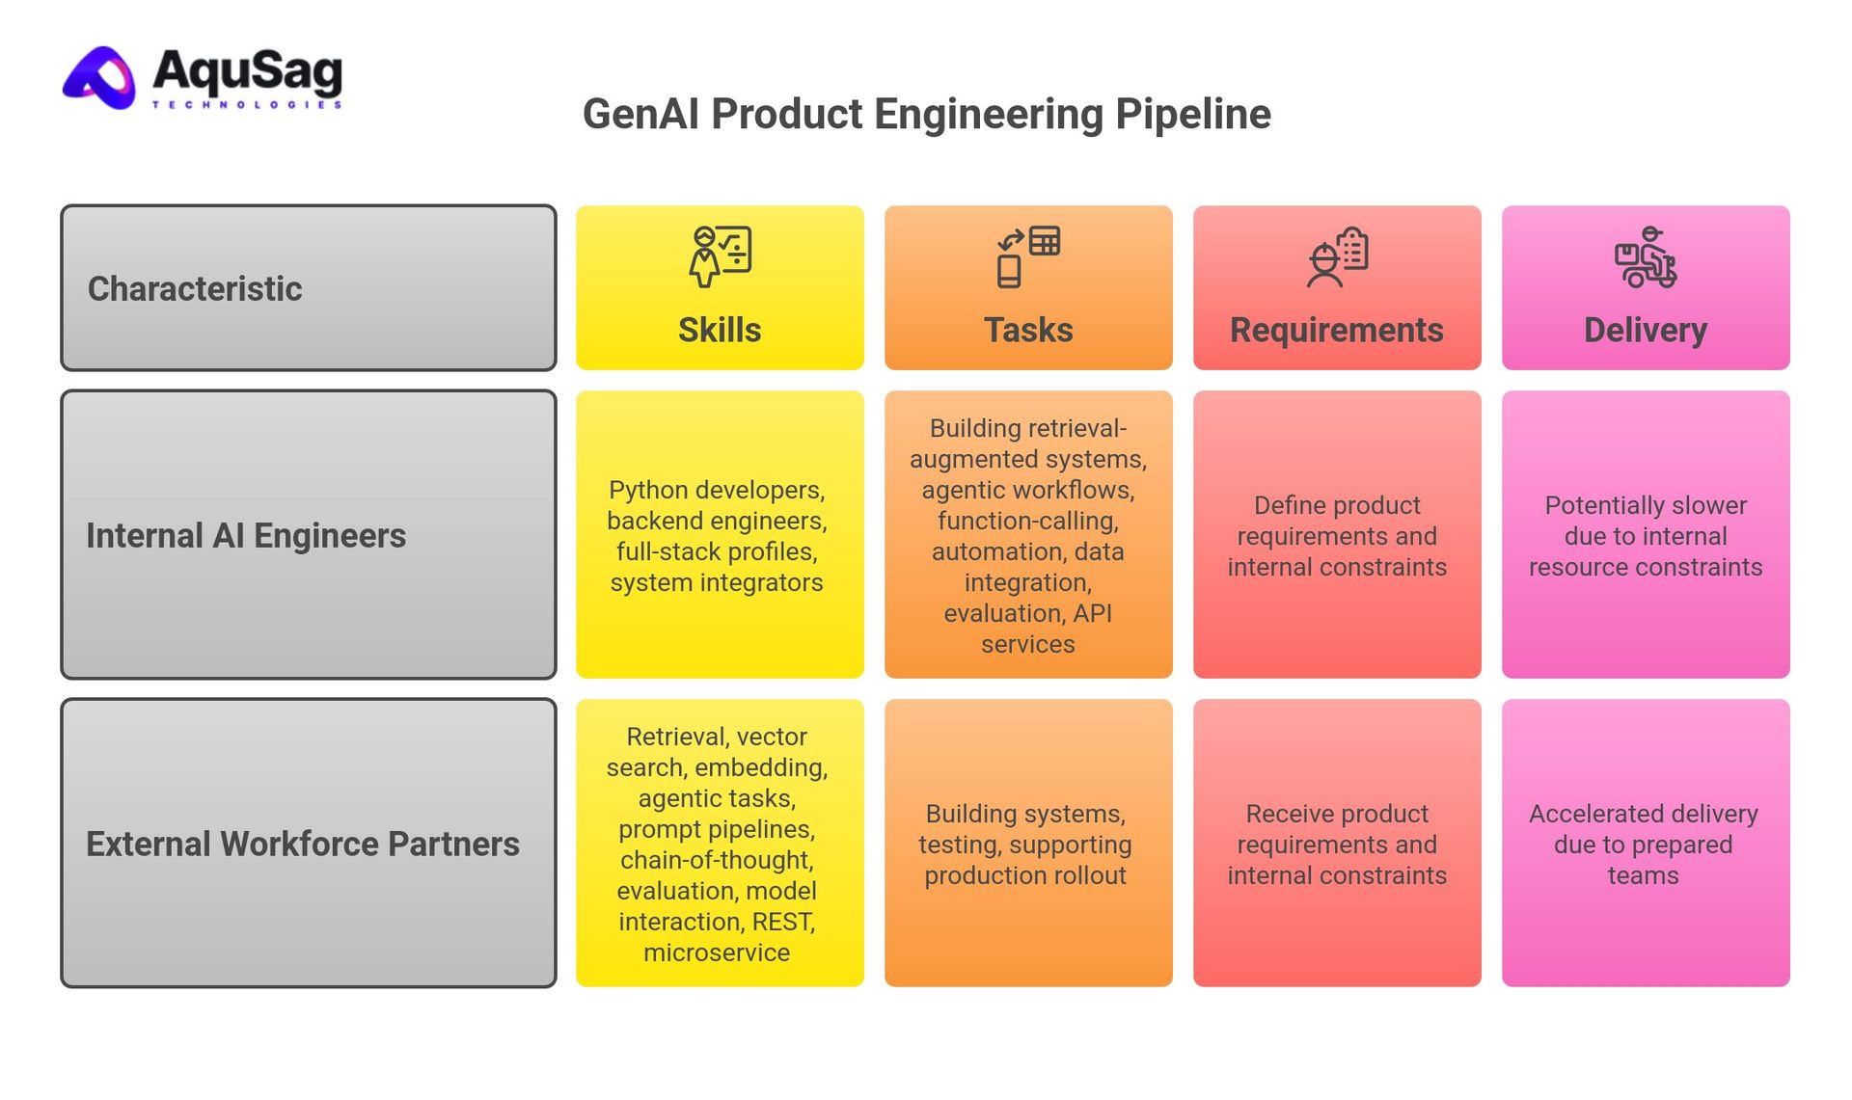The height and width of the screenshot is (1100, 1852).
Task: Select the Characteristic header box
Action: click(x=309, y=287)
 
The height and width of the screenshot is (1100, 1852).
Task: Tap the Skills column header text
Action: click(x=719, y=330)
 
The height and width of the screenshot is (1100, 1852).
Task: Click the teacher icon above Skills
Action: click(x=720, y=256)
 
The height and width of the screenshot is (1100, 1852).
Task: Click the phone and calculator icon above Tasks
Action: click(x=1028, y=256)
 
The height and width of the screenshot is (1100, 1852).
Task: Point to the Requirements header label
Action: click(x=1336, y=330)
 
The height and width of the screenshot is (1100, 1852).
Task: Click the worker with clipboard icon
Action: click(x=1337, y=256)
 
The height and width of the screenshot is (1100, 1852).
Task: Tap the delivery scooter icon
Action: click(x=1646, y=256)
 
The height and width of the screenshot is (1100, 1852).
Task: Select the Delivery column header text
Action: click(x=1645, y=330)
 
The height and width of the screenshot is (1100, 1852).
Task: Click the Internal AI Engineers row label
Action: click(x=246, y=535)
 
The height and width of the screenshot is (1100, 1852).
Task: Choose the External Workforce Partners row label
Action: click(x=302, y=844)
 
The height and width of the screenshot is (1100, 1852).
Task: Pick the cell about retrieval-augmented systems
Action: click(x=1028, y=536)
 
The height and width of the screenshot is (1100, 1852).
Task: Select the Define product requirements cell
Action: click(x=1337, y=536)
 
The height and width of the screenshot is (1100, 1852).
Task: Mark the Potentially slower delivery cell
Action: click(x=1646, y=536)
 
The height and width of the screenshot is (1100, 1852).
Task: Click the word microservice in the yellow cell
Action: click(x=717, y=952)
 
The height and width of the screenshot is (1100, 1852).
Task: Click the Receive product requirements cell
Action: click(x=1337, y=845)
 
